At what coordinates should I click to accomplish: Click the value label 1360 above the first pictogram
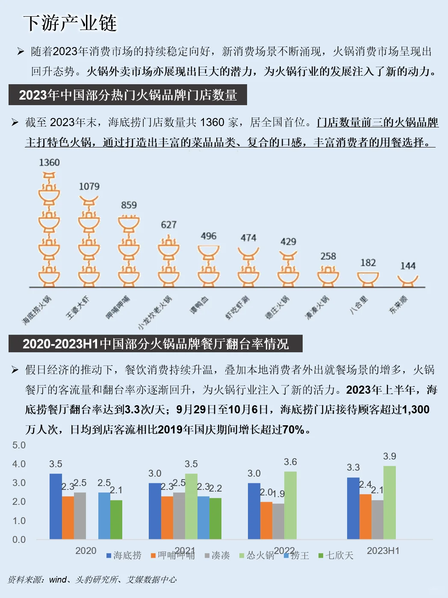pos(49,162)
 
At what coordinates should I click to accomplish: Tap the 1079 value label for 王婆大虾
pos(89,186)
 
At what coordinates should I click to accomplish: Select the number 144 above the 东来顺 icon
pos(408,266)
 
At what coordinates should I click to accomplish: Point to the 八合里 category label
pos(359,305)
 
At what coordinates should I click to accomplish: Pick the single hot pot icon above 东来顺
pos(408,280)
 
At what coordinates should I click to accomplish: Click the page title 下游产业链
pos(70,23)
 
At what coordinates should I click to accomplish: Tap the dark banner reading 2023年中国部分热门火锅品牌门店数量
pos(128,95)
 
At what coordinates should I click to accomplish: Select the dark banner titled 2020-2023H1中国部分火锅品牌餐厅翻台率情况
pos(156,344)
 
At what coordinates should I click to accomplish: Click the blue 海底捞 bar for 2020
pos(56,506)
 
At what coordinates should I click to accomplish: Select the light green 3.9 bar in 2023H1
pos(389,502)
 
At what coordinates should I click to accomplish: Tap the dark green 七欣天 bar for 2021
pos(215,518)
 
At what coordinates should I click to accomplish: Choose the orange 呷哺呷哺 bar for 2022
pos(266,520)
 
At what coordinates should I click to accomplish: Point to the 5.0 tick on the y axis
pos(19,445)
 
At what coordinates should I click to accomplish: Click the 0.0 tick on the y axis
pos(19,539)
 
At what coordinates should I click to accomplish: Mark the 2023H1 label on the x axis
pos(383,551)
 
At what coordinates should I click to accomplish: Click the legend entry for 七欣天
pos(336,555)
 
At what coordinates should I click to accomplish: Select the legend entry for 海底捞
pos(124,555)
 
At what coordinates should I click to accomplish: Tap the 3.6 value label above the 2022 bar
pos(290,462)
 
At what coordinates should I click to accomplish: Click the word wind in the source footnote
pos(58,580)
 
